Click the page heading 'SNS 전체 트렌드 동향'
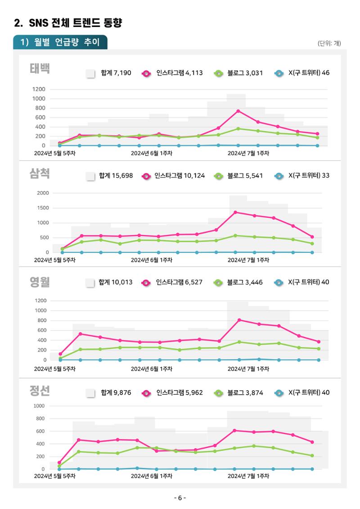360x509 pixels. tap(75, 23)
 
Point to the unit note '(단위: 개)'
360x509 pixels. tap(329, 43)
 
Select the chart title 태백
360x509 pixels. tap(40, 68)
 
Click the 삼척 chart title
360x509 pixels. tap(40, 173)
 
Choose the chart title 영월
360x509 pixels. tap(40, 282)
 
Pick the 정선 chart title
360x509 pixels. tap(40, 391)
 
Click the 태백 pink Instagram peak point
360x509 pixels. tap(238, 111)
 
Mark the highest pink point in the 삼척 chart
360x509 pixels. tap(235, 212)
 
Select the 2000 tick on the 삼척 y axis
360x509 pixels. tap(43, 193)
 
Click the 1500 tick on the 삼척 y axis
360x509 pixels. tap(43, 208)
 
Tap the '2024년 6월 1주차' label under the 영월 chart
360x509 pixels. tap(152, 369)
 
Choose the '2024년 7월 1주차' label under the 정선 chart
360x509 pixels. tap(248, 476)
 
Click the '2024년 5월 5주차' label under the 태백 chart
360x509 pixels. tap(55, 153)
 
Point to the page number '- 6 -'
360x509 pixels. tap(180, 498)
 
